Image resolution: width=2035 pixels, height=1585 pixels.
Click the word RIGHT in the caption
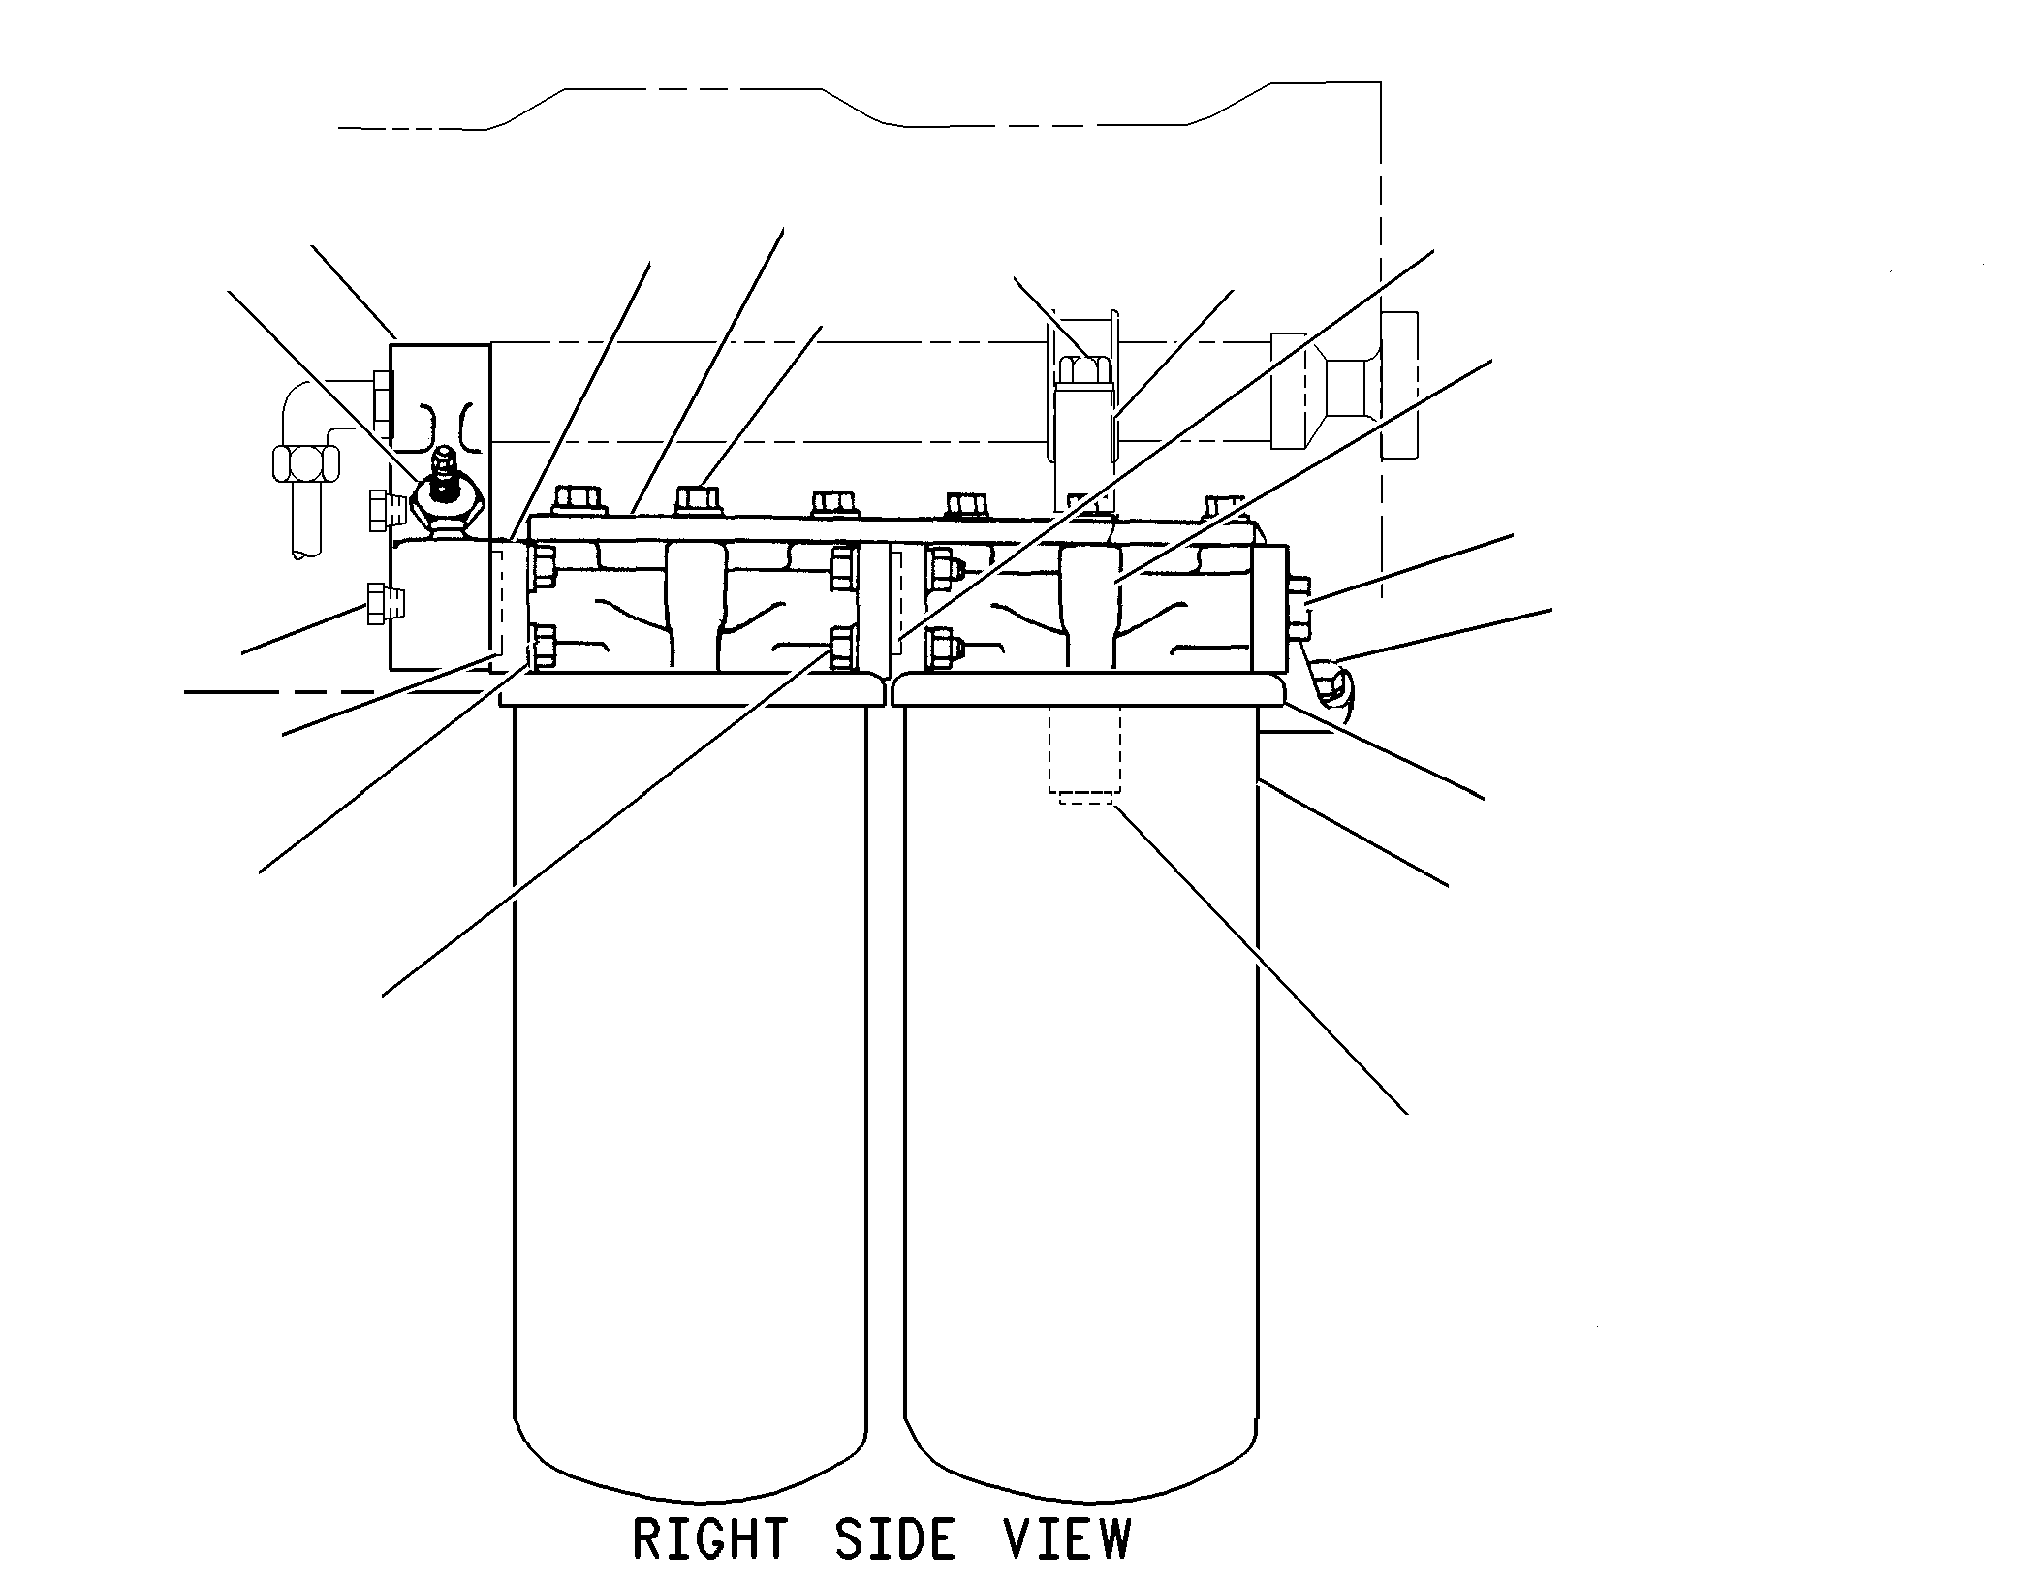coord(710,1539)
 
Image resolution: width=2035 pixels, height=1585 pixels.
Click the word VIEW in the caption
coord(1067,1539)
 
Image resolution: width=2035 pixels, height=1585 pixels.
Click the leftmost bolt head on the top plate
coord(579,500)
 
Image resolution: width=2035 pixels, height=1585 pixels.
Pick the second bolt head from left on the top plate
coord(701,500)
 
